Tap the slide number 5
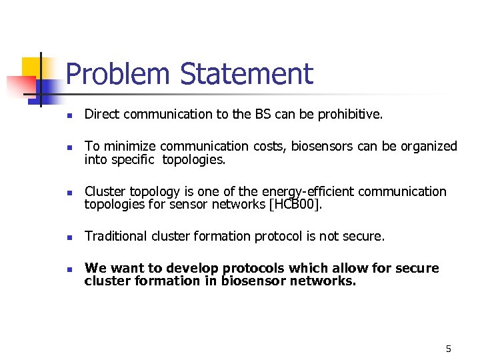click(448, 349)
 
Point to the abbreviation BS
click(262, 115)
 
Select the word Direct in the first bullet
click(100, 115)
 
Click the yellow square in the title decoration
click(33, 69)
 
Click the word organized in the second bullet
click(426, 147)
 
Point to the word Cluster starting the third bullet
click(103, 192)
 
